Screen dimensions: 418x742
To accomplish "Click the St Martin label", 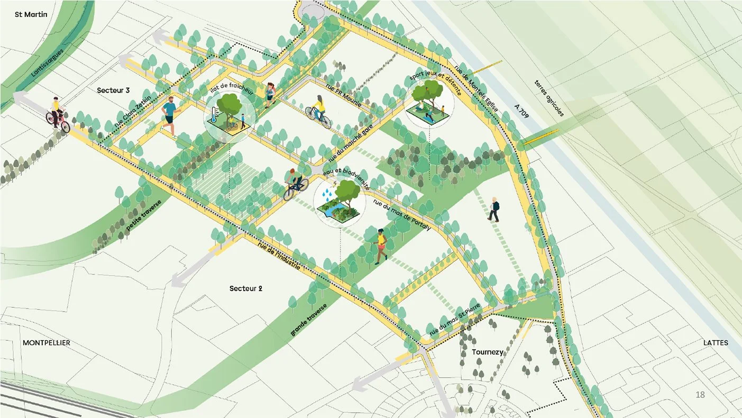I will pyautogui.click(x=31, y=14).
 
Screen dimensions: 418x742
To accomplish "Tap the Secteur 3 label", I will pyautogui.click(x=113, y=90).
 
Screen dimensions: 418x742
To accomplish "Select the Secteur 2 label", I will pyautogui.click(x=246, y=289).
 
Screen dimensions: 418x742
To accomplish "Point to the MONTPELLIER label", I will pyautogui.click(x=47, y=343).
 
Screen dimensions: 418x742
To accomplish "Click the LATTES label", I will pyautogui.click(x=716, y=343).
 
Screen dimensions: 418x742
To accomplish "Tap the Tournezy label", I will pyautogui.click(x=488, y=352).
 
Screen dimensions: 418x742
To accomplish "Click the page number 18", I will pyautogui.click(x=700, y=395).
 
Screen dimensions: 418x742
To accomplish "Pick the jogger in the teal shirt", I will pyautogui.click(x=170, y=116).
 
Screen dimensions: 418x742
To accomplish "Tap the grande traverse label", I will pyautogui.click(x=309, y=321).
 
